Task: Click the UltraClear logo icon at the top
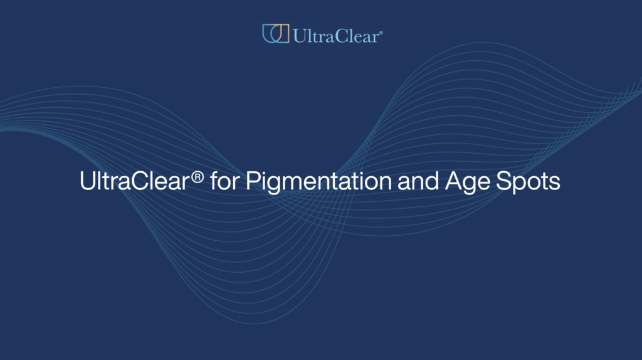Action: pos(275,33)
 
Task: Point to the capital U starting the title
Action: pos(87,181)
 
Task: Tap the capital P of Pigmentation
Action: pos(251,181)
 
